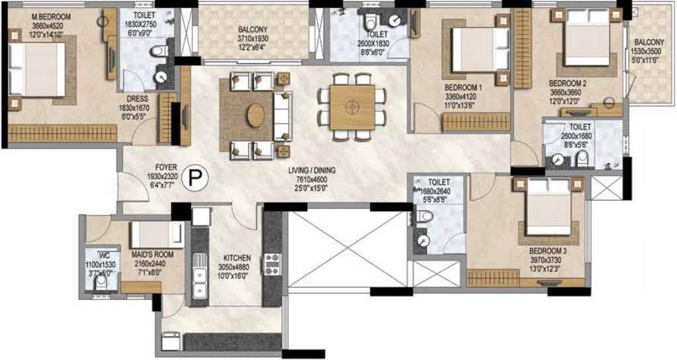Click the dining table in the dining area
353,107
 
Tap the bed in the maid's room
157,234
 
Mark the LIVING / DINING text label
312,171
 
